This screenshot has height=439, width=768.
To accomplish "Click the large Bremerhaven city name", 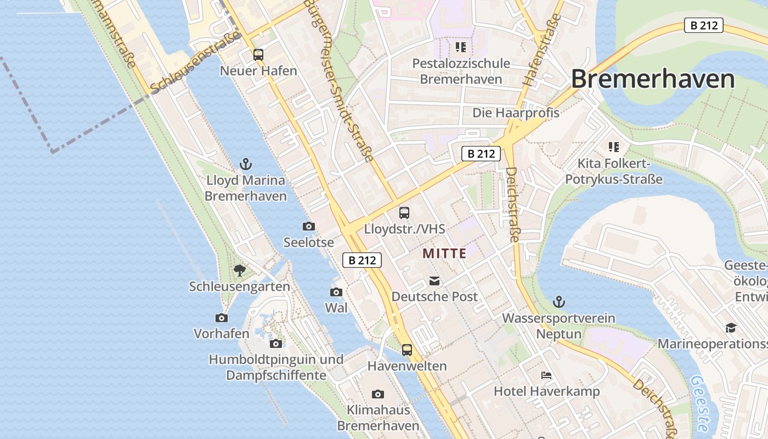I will pyautogui.click(x=653, y=79).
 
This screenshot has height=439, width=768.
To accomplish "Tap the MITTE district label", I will pyautogui.click(x=444, y=254).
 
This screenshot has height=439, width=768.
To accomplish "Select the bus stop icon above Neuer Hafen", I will pyautogui.click(x=258, y=55).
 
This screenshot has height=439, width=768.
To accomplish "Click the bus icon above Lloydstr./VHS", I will pyautogui.click(x=404, y=212).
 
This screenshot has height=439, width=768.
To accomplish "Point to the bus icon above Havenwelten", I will pyautogui.click(x=407, y=350).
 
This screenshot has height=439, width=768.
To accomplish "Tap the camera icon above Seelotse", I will pyautogui.click(x=308, y=226).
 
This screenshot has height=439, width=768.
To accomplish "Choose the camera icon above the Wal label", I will pyautogui.click(x=336, y=292).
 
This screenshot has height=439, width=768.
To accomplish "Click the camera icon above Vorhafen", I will pyautogui.click(x=222, y=318).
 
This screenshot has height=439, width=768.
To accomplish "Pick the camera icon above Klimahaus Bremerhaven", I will pyautogui.click(x=377, y=394).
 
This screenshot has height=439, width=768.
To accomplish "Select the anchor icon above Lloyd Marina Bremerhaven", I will pyautogui.click(x=246, y=164).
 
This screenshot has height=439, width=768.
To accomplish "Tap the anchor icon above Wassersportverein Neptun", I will pyautogui.click(x=558, y=301).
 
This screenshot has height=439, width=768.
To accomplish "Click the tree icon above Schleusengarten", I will pyautogui.click(x=239, y=270).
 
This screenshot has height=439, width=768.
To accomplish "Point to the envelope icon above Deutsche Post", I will pyautogui.click(x=434, y=281).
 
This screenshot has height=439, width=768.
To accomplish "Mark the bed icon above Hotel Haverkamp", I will pyautogui.click(x=546, y=375).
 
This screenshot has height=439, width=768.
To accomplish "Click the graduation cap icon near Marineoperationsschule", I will pyautogui.click(x=731, y=328).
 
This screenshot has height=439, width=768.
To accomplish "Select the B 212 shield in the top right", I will pyautogui.click(x=703, y=25).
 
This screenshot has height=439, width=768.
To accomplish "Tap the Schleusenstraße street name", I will pyautogui.click(x=196, y=61).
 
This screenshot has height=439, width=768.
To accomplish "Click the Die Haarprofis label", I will pyautogui.click(x=516, y=113).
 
